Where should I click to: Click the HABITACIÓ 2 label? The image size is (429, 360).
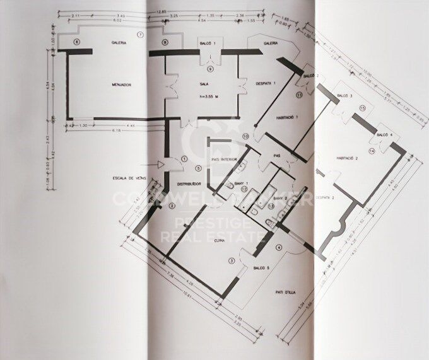coord(348,158)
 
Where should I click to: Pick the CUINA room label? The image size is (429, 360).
coord(220,240)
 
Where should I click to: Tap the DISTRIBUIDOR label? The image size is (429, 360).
coord(189,184)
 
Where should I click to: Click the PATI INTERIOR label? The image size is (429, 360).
coord(225,160)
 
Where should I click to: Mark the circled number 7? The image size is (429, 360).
coord(141,33)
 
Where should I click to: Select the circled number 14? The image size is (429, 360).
coord(372,151)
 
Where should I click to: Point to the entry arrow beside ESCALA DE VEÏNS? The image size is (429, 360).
coord(161,165)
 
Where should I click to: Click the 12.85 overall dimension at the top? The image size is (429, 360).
coord(162,10)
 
